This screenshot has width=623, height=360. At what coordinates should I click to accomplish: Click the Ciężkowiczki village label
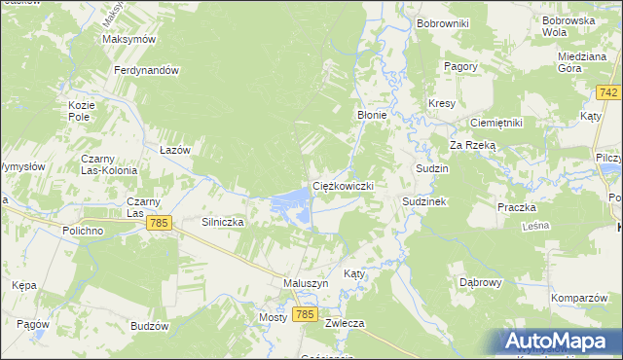pos(343,185)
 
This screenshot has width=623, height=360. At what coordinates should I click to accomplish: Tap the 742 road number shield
pos(609,91)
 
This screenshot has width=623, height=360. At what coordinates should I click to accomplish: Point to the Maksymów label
pos(129,40)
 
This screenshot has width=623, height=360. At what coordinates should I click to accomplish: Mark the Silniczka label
pos(222,222)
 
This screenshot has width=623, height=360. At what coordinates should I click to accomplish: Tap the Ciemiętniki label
pos(496,123)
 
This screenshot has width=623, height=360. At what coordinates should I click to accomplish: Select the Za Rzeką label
pos(472,144)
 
